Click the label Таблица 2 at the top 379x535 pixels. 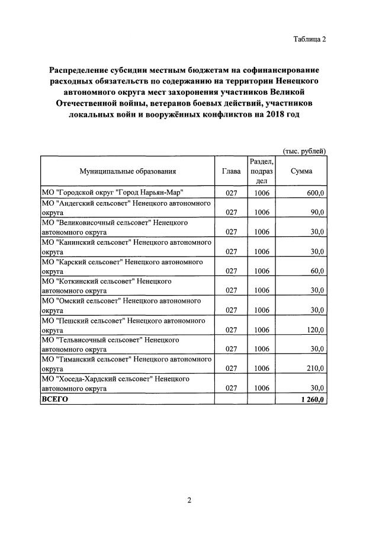pos(309,39)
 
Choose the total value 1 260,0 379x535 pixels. pos(312,400)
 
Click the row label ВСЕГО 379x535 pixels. pos(54,400)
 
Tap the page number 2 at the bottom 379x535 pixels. pos(189,501)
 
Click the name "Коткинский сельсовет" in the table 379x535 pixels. pos(93,281)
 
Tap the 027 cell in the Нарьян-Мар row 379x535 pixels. pos(231,193)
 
